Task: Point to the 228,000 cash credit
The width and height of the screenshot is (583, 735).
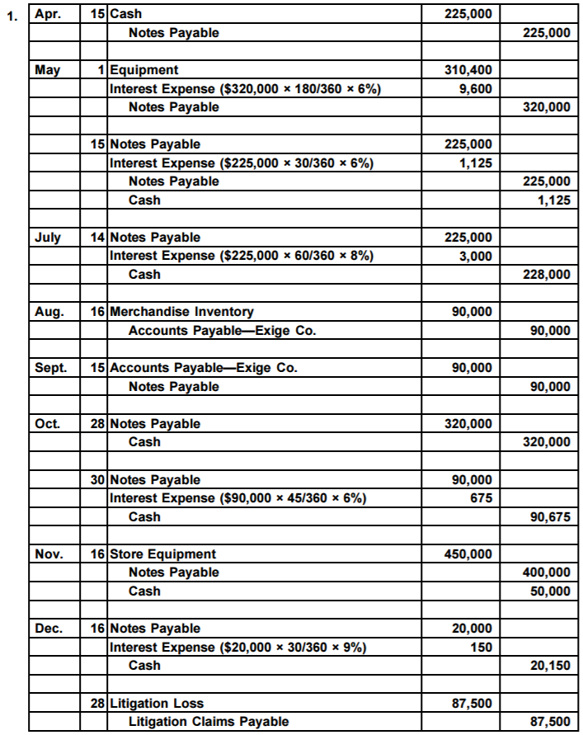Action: [546, 274]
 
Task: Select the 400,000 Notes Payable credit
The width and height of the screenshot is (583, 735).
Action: [546, 572]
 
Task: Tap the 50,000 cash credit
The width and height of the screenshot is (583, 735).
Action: [549, 591]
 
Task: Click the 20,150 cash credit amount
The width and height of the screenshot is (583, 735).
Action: [549, 667]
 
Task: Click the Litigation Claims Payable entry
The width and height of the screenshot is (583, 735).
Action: [209, 722]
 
